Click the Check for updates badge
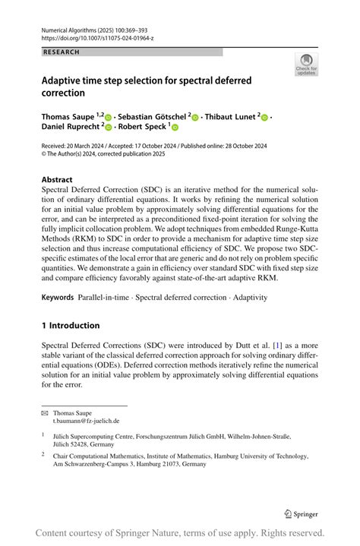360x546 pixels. click(x=306, y=64)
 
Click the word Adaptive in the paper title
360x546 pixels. click(x=66, y=80)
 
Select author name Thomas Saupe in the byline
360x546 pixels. click(x=69, y=117)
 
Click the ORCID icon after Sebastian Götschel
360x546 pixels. click(x=195, y=118)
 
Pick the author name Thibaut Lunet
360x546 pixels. click(x=231, y=117)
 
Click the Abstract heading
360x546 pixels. click(x=58, y=180)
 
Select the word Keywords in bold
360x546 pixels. click(x=62, y=298)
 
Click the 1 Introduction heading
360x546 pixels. click(x=71, y=326)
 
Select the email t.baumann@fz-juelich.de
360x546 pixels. click(x=86, y=421)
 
